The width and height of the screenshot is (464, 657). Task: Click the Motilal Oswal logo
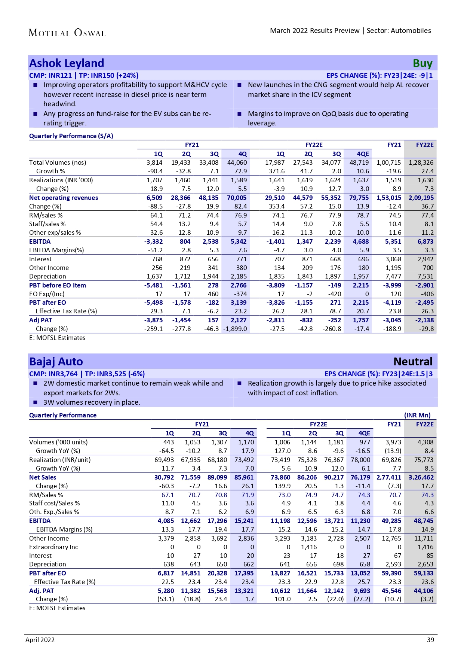[67, 33]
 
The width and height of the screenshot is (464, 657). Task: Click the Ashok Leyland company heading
[67, 63]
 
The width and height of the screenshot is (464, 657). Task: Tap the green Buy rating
[422, 64]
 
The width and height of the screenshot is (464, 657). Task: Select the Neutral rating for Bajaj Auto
[413, 362]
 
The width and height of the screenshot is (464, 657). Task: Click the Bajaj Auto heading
[56, 362]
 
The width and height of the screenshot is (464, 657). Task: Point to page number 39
[430, 640]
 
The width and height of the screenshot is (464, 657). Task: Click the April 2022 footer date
[40, 640]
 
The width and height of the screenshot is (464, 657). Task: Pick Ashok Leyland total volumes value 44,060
[237, 163]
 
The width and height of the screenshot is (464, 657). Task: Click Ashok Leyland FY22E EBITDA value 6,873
[425, 241]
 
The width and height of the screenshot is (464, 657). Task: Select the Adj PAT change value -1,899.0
[236, 329]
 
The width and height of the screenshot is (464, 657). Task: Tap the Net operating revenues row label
[64, 198]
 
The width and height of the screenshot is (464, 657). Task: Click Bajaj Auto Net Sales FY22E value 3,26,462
[421, 477]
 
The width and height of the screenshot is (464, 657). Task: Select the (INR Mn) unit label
[417, 415]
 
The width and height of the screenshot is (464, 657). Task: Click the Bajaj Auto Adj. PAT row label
[42, 591]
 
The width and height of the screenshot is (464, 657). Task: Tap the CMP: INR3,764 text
[53, 374]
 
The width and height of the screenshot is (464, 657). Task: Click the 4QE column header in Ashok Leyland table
[363, 154]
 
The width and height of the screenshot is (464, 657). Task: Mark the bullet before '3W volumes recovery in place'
[36, 403]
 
